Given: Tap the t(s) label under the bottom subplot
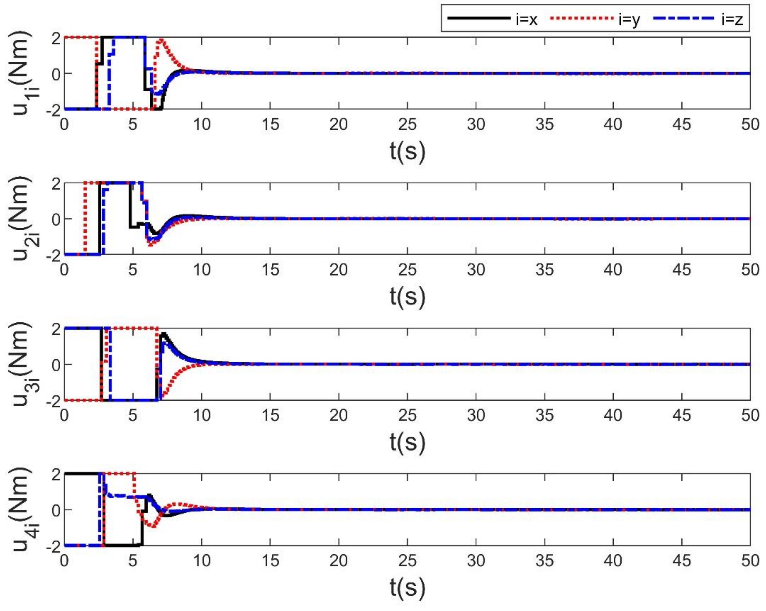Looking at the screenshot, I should point(407,588).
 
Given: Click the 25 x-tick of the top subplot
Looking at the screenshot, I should point(407,125).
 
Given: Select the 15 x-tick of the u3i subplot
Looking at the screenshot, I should point(270,415).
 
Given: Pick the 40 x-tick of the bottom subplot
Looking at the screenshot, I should point(613,561).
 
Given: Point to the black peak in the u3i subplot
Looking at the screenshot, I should point(164,334).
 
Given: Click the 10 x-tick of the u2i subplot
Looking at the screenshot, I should point(202,270).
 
